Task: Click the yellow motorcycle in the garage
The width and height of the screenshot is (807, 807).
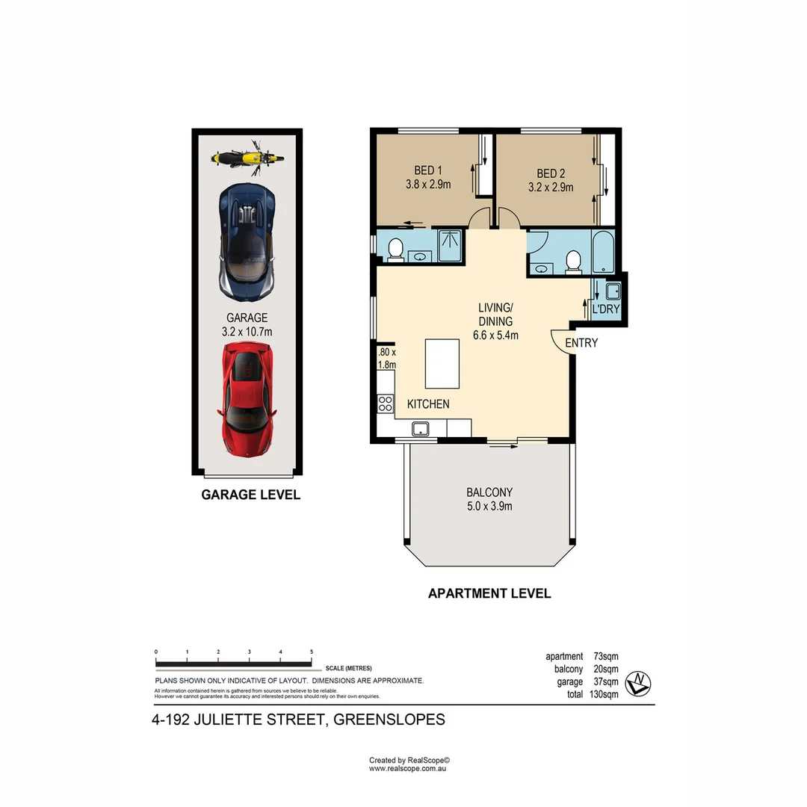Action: tap(247, 157)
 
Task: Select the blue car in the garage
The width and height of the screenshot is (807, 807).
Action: tap(247, 239)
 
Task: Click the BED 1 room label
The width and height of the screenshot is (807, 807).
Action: tap(428, 171)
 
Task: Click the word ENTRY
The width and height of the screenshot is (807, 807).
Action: tap(581, 343)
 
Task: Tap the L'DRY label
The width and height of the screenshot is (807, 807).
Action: tap(606, 309)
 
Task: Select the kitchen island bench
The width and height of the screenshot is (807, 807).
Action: tap(441, 363)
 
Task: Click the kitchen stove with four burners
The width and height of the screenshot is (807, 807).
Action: tap(386, 404)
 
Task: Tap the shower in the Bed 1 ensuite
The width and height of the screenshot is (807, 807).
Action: tap(451, 246)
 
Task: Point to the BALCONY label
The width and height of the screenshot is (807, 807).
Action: tap(489, 492)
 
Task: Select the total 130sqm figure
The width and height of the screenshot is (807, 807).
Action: tap(604, 694)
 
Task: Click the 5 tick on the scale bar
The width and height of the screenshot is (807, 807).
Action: tap(312, 652)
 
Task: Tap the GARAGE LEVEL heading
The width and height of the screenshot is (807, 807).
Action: tap(250, 495)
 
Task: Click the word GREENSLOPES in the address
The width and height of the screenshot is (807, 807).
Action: tap(389, 720)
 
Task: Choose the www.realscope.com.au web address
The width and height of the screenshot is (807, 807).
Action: tap(407, 768)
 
